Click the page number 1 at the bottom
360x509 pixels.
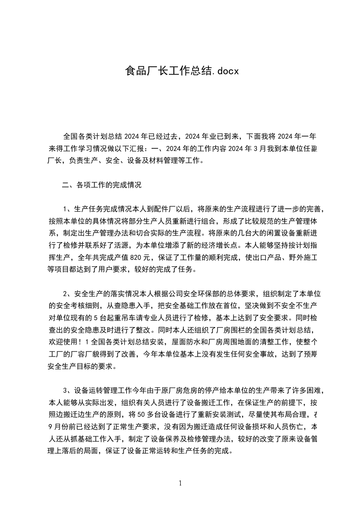(x=180, y=483)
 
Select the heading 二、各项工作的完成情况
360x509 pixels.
(x=102, y=185)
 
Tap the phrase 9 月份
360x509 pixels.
(x=59, y=427)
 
